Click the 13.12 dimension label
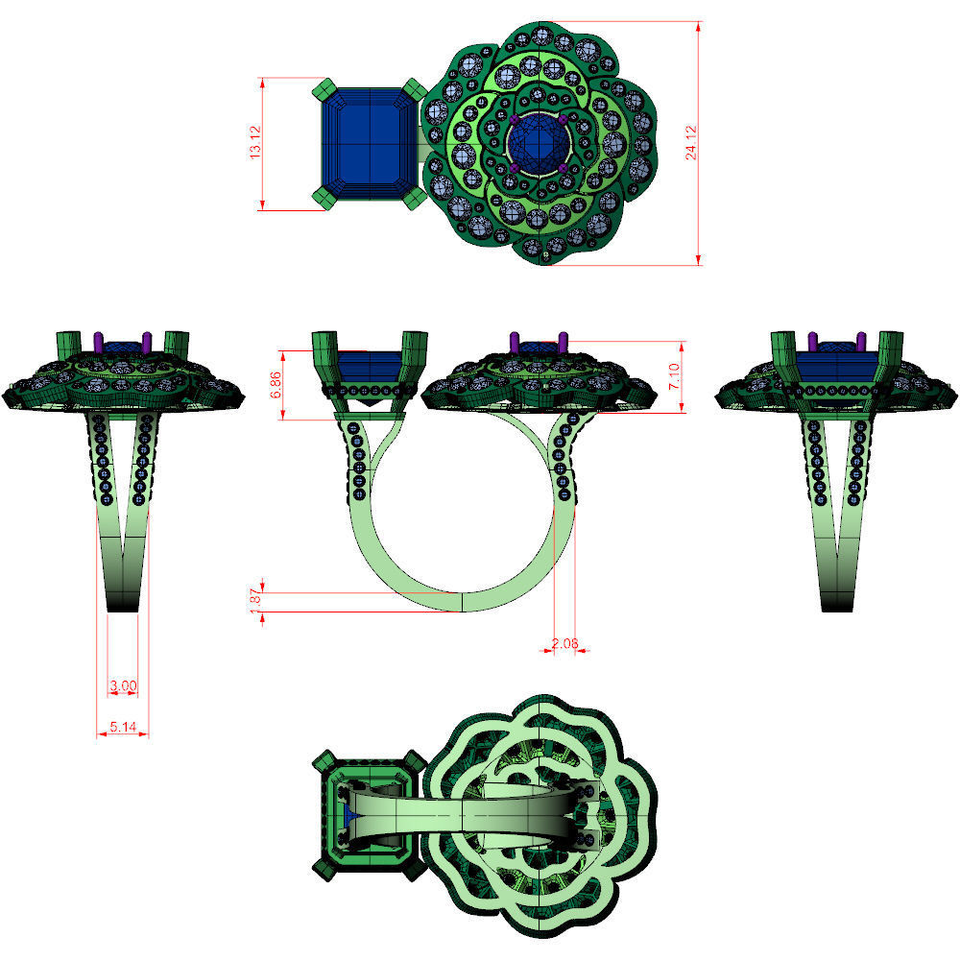(255, 143)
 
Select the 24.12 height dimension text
(691, 142)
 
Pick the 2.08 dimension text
(564, 643)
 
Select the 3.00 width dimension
(123, 685)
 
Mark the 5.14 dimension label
(123, 728)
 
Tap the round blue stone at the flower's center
(539, 147)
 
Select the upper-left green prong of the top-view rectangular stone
(322, 91)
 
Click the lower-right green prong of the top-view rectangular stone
(416, 197)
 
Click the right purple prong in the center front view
(566, 343)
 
